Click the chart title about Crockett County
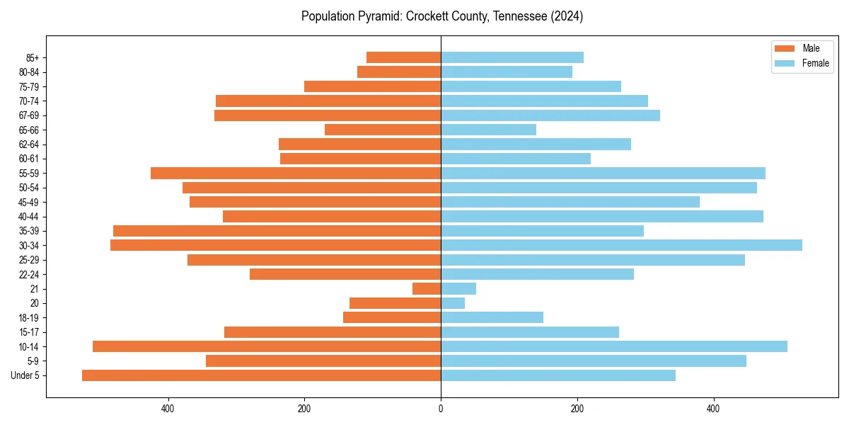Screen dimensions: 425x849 point(441,16)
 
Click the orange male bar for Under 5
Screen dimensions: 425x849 point(261,375)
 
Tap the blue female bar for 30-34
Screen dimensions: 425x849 point(621,245)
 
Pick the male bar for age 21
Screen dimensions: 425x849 point(427,288)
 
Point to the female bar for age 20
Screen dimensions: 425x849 point(453,303)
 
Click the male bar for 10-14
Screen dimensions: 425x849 point(267,346)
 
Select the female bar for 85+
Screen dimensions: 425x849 point(512,57)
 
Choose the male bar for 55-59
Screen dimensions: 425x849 point(296,173)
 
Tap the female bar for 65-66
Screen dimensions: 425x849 point(488,130)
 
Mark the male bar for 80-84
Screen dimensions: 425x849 point(399,72)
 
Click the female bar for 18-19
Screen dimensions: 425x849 point(492,317)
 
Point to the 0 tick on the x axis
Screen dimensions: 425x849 point(441,409)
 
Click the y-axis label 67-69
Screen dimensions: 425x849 point(29,115)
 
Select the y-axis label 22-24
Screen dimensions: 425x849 point(29,274)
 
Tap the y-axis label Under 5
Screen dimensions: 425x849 point(25,375)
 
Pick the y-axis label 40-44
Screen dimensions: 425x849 point(29,216)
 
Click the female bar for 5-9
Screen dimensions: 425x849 point(594,361)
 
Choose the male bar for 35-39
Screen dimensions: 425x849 point(277,231)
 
